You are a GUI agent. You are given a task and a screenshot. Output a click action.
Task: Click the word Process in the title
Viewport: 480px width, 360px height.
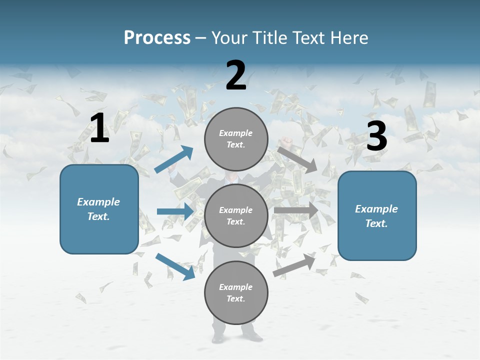point(157,38)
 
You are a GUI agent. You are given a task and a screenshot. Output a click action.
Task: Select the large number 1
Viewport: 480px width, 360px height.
point(99,128)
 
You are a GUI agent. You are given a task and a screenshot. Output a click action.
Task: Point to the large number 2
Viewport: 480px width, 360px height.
point(236,75)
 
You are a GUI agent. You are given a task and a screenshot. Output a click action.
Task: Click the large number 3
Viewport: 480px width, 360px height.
point(376,136)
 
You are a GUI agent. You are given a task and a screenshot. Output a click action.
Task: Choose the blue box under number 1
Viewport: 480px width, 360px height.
point(99,209)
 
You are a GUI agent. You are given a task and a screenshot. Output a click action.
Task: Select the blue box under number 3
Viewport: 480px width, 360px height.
point(377,216)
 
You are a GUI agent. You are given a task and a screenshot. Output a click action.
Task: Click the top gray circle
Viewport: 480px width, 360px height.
point(236,139)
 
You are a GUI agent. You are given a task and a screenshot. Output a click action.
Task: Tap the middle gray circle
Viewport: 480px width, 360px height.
point(236,216)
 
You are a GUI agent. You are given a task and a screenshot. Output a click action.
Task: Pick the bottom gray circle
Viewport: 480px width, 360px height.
point(236,293)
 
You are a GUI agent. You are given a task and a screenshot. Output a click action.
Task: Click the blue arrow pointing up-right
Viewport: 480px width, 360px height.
point(174,159)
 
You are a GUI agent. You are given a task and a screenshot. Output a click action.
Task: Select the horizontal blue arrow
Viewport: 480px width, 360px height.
point(175,211)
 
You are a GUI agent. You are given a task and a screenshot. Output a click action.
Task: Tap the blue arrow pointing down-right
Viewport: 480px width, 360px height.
point(175,266)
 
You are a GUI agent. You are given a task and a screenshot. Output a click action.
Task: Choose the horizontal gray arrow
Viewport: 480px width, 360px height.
point(296,210)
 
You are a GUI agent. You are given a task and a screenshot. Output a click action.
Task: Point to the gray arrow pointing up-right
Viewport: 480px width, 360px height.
point(294,265)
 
